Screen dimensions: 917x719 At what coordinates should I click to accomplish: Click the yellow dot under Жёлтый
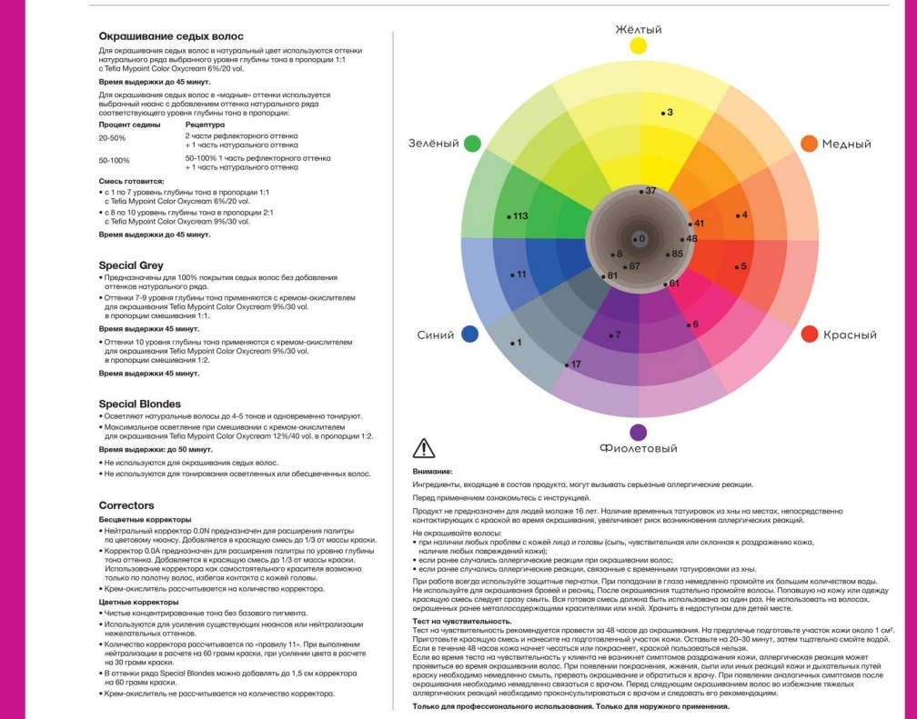[x=638, y=45]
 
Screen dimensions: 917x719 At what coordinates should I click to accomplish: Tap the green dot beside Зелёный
[x=472, y=144]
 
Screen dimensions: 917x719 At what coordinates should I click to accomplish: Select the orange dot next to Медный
[x=809, y=144]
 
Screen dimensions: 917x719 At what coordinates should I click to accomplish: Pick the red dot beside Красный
[x=810, y=334]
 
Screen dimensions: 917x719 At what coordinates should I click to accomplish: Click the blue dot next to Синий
[x=470, y=334]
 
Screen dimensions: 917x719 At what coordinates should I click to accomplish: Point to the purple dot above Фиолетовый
[x=638, y=433]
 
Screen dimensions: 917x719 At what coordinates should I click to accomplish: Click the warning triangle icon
[x=423, y=448]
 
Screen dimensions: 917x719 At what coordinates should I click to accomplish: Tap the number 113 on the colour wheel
[x=520, y=216]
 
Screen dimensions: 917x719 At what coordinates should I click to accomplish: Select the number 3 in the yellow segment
[x=670, y=112]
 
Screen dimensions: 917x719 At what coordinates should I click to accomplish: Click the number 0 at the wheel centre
[x=642, y=238]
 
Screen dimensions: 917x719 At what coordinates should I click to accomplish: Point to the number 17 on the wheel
[x=576, y=364]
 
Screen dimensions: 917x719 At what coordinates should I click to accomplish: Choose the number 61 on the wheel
[x=674, y=284]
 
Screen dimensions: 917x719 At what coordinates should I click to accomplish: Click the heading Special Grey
[x=131, y=265]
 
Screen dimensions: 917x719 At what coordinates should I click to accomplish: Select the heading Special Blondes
[x=140, y=404]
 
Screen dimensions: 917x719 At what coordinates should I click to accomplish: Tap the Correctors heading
[x=126, y=505]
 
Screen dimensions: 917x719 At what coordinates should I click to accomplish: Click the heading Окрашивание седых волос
[x=171, y=36]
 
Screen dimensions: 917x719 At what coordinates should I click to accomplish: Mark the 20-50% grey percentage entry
[x=112, y=138]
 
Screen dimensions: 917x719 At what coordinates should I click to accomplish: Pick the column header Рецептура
[x=205, y=125]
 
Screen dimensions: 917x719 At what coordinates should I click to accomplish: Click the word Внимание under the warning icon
[x=432, y=471]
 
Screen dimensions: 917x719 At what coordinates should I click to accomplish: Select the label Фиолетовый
[x=638, y=448]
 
